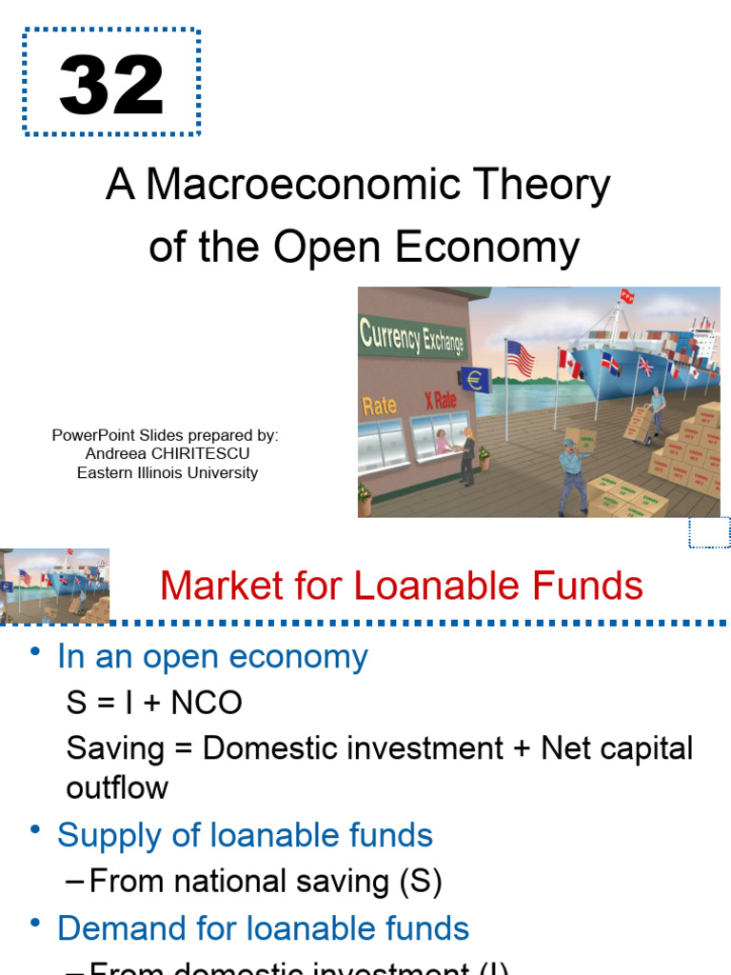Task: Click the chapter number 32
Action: coord(111,85)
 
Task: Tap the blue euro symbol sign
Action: coord(474,379)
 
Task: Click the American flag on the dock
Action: coord(521,358)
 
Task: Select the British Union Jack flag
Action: coord(646,365)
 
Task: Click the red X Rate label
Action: coord(441,400)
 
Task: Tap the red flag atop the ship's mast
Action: coord(627,296)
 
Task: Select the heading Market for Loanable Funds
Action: coord(402,586)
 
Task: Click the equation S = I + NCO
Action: coord(154,703)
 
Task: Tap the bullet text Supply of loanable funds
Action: coord(245,835)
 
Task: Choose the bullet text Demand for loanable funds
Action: coord(263,927)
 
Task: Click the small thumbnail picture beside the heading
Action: coord(55,586)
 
